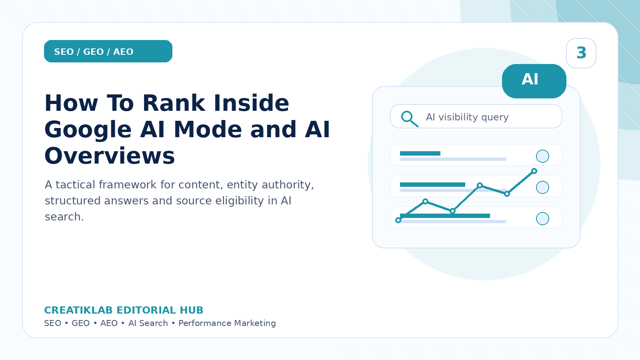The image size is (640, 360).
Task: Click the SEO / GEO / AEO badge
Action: pos(108,51)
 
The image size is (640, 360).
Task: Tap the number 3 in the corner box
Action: pos(581,53)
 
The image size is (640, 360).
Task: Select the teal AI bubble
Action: pos(534,81)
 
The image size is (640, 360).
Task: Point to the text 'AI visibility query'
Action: pos(467,117)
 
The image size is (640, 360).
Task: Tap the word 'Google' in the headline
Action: pos(88,130)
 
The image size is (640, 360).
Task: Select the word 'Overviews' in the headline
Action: pos(110,156)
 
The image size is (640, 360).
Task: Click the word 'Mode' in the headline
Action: pos(208,130)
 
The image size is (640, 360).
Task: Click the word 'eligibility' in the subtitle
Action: pos(240,201)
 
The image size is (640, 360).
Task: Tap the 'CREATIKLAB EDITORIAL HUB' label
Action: pos(124,310)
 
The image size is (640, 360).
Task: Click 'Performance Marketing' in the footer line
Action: pos(227,323)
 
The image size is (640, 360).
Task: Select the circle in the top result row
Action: pos(542,156)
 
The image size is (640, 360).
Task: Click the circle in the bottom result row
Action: pos(542,219)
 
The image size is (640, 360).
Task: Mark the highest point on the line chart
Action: pos(534,171)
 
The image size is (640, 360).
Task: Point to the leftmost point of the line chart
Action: pos(398,220)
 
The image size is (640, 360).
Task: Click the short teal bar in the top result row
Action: pos(420,154)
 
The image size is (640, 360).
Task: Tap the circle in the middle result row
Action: pos(542,188)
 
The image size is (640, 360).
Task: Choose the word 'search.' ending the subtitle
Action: pos(64,217)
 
